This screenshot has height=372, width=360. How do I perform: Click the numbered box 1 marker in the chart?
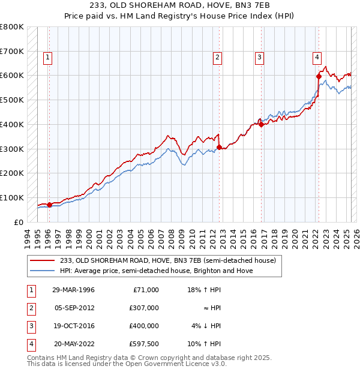click(x=47, y=58)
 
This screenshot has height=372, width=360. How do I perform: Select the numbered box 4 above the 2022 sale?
click(x=316, y=58)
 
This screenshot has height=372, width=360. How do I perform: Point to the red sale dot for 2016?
click(x=262, y=124)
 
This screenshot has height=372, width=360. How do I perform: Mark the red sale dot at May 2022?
click(x=319, y=76)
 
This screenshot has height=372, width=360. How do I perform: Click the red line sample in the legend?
click(x=43, y=260)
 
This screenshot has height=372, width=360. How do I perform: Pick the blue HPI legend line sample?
click(x=43, y=271)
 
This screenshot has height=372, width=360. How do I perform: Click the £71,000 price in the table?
click(x=145, y=290)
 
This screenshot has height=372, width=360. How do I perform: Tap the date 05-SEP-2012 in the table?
click(x=74, y=308)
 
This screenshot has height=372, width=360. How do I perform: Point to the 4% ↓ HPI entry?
click(x=206, y=326)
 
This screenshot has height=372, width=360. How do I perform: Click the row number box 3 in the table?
click(x=31, y=326)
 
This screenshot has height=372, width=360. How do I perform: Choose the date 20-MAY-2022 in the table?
click(x=74, y=344)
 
